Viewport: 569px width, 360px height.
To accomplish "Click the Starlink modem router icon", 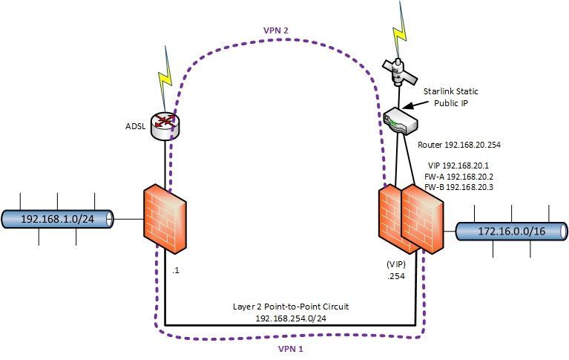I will (402, 121).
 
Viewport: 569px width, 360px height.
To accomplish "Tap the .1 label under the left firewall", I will (176, 271).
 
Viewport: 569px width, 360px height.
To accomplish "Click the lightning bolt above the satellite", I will (401, 22).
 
